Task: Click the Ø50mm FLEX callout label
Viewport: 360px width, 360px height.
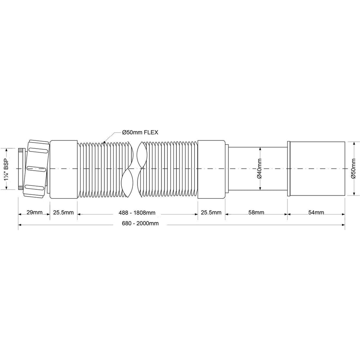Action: coord(140,132)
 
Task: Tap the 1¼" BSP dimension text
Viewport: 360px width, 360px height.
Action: coord(6,169)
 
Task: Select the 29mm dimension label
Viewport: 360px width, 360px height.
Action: coord(35,212)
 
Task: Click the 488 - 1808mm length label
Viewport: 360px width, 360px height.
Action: coord(137,213)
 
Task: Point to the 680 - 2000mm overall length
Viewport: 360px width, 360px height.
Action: coord(140,224)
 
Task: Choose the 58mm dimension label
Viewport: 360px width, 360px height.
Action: coord(256,212)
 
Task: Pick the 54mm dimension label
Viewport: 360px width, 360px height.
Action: coord(316,212)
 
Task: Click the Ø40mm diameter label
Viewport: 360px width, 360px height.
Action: coord(260,168)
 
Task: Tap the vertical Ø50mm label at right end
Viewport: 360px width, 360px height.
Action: coord(354,168)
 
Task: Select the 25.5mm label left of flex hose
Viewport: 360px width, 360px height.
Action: coord(63,212)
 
